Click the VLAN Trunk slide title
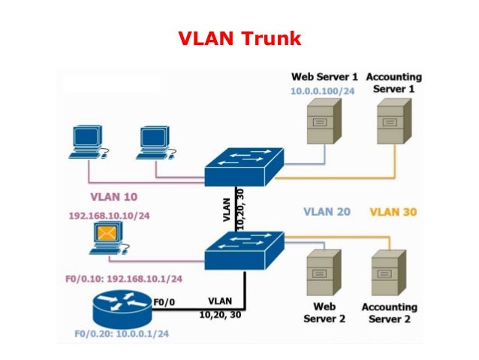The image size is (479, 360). tap(239, 37)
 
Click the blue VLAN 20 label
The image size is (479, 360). tap(327, 212)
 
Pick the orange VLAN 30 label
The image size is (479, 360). tap(393, 212)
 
